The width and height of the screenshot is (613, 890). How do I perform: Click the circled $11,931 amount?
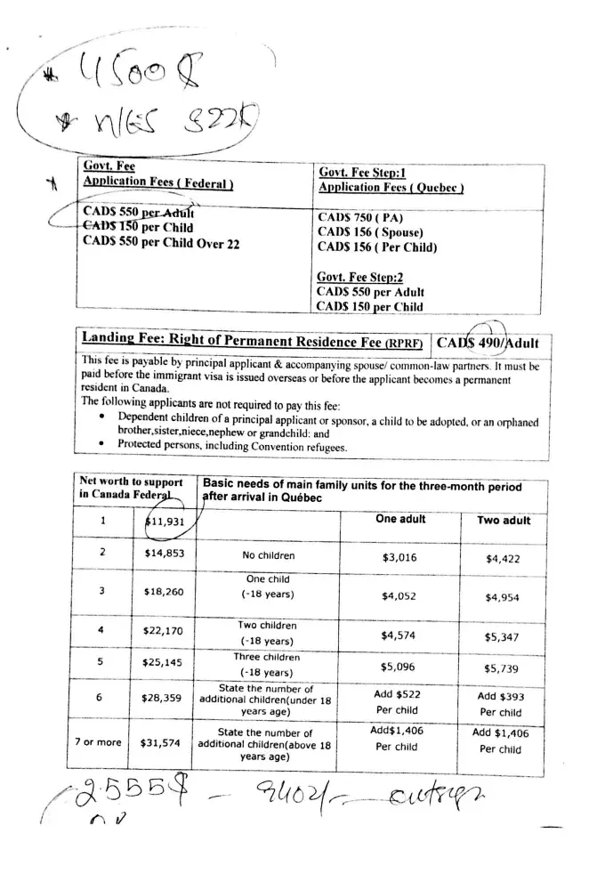[x=165, y=522]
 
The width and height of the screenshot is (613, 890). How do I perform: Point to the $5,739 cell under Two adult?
[x=503, y=668]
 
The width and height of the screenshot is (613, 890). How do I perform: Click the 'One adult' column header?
[x=400, y=519]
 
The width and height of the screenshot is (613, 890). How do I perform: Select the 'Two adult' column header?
[x=504, y=521]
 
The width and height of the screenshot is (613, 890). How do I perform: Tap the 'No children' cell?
[x=268, y=555]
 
